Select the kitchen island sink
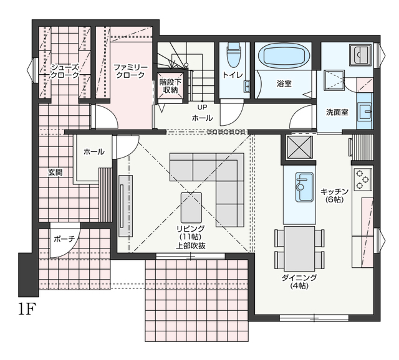[304, 187]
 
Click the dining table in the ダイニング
[299, 249]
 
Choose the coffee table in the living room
[191, 207]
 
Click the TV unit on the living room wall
[126, 206]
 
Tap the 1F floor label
[26, 309]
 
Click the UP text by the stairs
[203, 107]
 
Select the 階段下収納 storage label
[170, 86]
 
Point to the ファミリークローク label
[130, 71]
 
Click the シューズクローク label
[65, 71]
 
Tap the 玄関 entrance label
[55, 173]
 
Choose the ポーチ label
[64, 239]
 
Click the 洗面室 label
[337, 112]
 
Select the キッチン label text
[334, 191]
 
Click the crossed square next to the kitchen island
[299, 148]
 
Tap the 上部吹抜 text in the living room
[191, 246]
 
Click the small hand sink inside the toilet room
[247, 86]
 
